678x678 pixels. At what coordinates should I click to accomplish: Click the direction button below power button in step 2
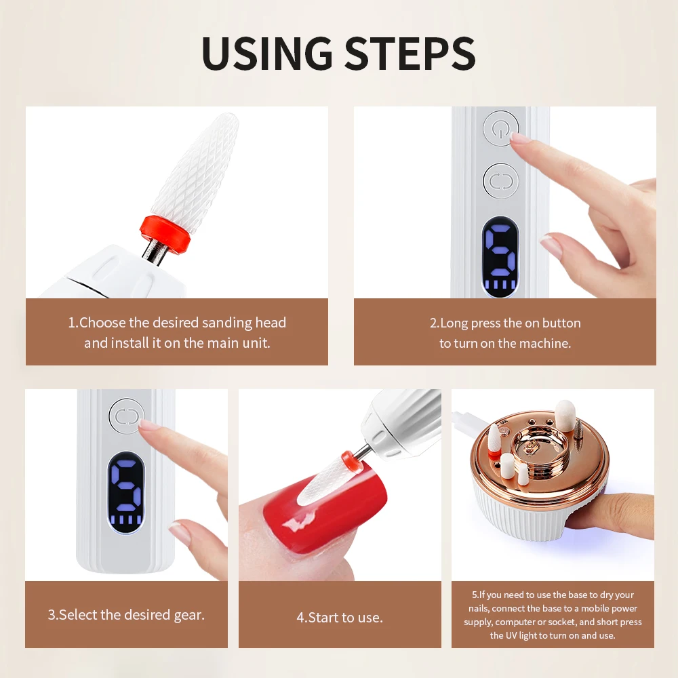[x=501, y=181]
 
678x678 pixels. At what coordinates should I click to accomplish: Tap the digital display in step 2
[x=500, y=257]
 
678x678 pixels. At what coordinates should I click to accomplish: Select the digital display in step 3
[x=125, y=492]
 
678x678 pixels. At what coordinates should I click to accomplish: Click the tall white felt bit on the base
[x=565, y=416]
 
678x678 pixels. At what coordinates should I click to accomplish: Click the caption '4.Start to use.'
[x=340, y=618]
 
